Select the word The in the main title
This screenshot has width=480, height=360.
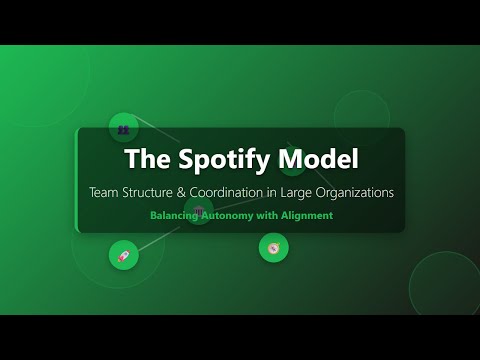tap(146, 159)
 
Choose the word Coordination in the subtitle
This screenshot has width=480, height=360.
tap(251, 191)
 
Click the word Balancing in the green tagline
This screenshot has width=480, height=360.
tap(178, 215)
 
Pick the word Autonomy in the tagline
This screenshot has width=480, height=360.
tap(239, 215)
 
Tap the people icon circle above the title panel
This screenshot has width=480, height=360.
tap(123, 128)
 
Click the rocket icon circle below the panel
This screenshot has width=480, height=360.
tap(124, 255)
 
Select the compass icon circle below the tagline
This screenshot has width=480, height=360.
tap(274, 247)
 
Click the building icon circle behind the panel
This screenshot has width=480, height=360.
tap(198, 210)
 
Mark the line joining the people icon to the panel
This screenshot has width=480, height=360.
tap(155, 135)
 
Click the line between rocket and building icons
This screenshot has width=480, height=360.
tap(160, 233)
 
